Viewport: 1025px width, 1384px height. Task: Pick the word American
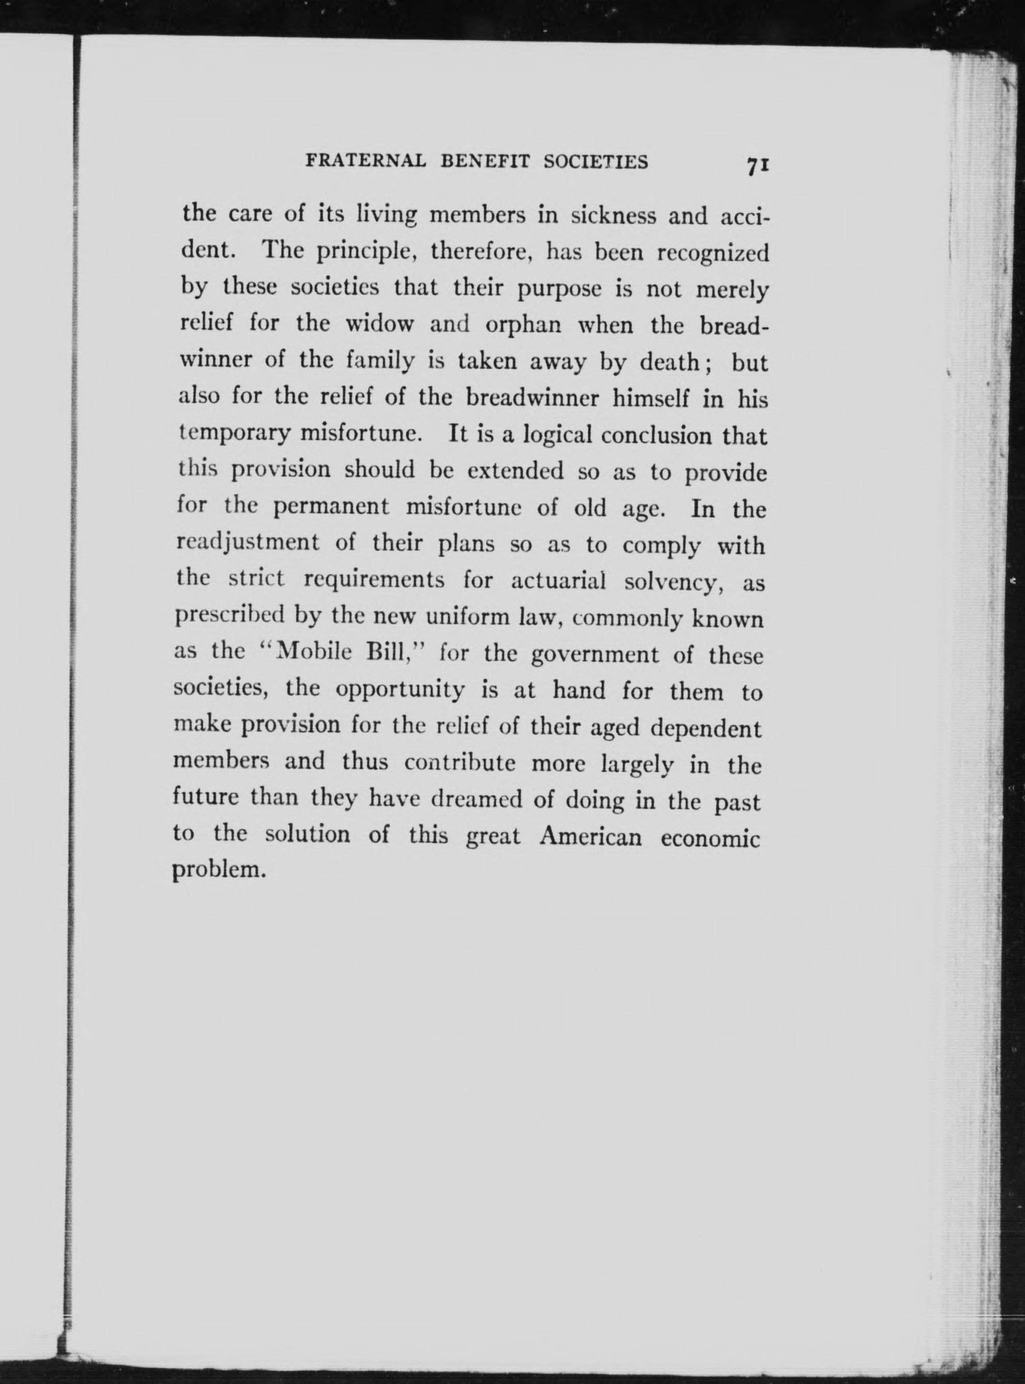590,838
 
